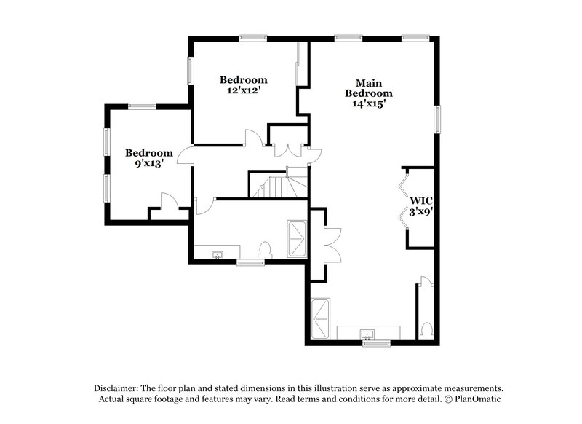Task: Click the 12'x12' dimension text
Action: click(x=244, y=91)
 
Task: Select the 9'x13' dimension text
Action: click(x=148, y=164)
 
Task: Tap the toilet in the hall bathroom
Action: click(x=265, y=250)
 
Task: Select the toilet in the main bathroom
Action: click(x=427, y=331)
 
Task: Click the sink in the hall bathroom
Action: click(x=217, y=255)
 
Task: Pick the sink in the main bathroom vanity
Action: click(x=369, y=334)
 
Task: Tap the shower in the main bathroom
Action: click(x=321, y=318)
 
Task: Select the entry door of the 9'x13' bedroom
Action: click(x=183, y=154)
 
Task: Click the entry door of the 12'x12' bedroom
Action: click(x=252, y=138)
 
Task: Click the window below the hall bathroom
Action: click(x=250, y=262)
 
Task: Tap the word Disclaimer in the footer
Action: click(x=119, y=388)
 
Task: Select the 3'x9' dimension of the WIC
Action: click(x=421, y=212)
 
